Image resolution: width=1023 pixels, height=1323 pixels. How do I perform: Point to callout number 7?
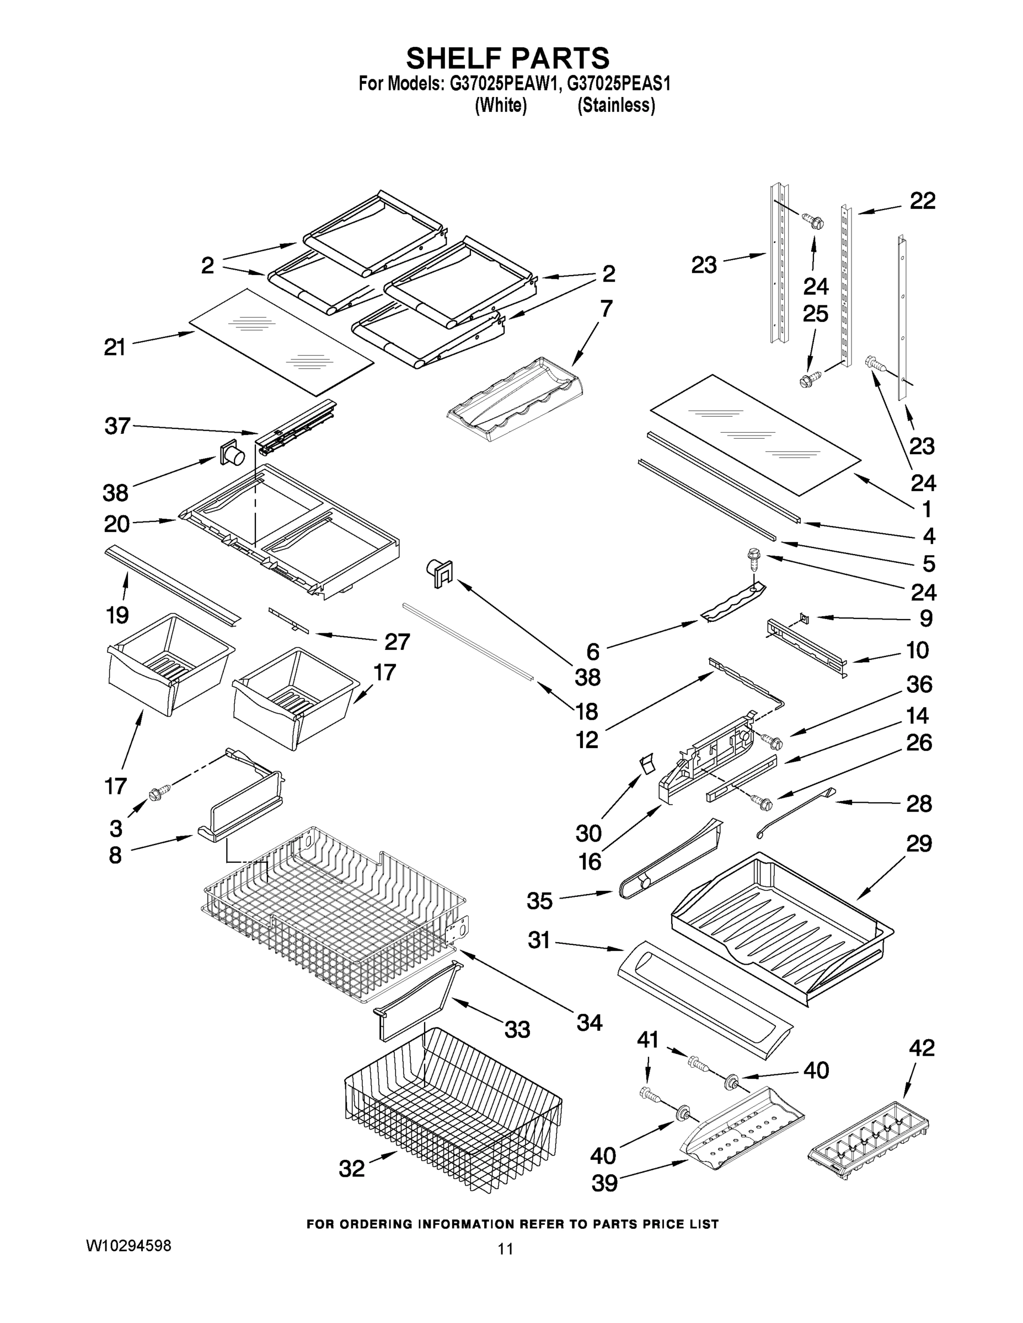(x=606, y=308)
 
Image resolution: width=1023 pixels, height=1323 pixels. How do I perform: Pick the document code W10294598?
(x=128, y=1245)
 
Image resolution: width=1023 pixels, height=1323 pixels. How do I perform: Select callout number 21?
(x=115, y=348)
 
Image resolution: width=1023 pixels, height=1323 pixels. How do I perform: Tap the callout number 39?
(x=604, y=1183)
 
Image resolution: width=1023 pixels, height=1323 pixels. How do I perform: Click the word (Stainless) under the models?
(x=616, y=105)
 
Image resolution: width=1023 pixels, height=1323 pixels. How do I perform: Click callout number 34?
(x=589, y=1023)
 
